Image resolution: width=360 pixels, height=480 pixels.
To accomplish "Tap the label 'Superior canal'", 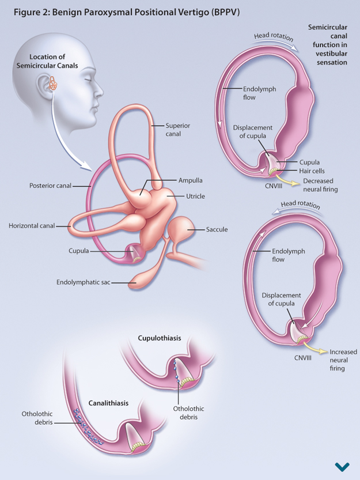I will [177, 130].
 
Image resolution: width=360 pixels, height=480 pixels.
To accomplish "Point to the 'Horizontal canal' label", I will [32, 226].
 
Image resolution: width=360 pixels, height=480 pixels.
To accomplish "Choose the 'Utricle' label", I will [195, 196].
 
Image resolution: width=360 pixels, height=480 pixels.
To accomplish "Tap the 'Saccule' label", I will [217, 229].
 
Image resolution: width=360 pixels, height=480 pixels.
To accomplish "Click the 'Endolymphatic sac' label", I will [83, 282].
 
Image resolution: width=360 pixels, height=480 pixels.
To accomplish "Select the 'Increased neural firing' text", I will [343, 360].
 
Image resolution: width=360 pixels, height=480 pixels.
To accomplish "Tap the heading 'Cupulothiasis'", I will [160, 338].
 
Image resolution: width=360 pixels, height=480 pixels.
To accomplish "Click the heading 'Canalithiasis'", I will [108, 403].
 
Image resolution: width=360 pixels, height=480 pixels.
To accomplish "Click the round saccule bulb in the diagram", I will [187, 229].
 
